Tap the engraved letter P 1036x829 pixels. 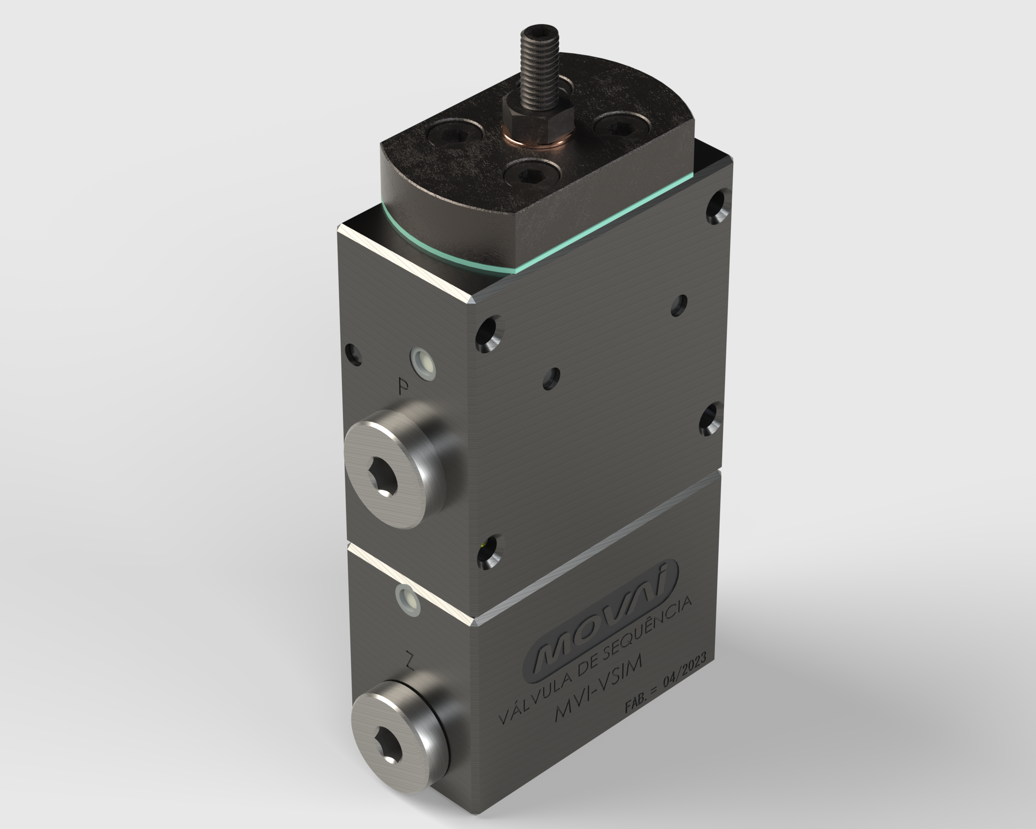404,386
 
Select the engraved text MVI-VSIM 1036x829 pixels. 598,689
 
